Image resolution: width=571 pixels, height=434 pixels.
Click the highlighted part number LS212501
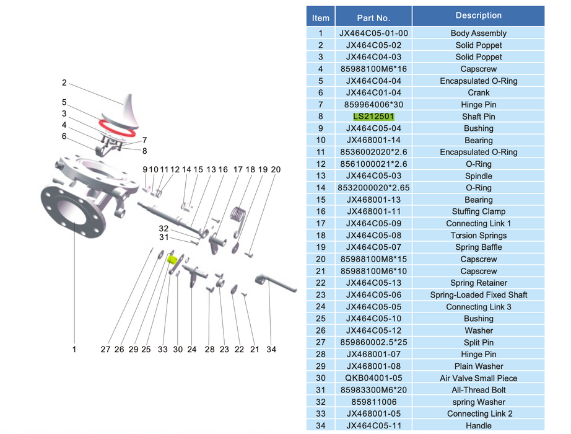point(373,117)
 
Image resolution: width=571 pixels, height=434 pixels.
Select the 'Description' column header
point(478,15)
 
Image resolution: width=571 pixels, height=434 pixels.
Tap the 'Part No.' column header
point(373,18)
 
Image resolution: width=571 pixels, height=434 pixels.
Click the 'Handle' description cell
point(478,426)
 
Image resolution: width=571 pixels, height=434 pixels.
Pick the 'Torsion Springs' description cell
point(478,236)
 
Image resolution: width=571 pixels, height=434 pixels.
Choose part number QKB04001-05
point(373,378)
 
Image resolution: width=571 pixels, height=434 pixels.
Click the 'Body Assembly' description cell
point(478,33)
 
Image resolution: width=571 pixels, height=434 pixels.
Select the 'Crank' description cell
point(478,93)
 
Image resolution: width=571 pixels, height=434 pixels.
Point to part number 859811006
point(373,402)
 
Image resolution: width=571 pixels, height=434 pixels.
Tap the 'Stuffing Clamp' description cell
point(478,211)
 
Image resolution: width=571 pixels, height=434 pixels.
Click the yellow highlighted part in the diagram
point(173,259)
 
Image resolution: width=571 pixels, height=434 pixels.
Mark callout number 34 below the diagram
point(271,350)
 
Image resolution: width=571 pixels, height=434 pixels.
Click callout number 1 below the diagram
point(74,350)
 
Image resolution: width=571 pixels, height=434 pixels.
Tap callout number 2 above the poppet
point(64,83)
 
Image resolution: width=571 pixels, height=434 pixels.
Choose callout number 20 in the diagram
point(276,169)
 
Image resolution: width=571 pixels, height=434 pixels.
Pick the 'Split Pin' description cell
point(478,343)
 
